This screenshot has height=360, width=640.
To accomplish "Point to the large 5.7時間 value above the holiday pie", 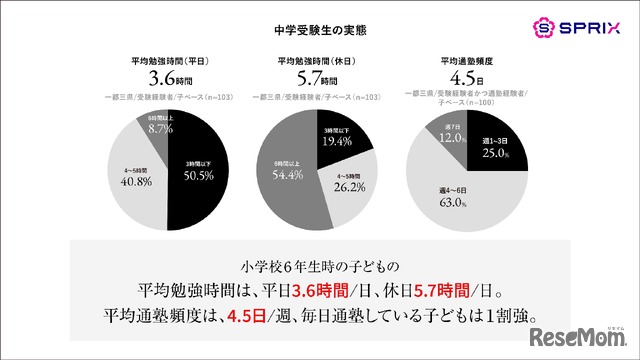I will click(x=319, y=76).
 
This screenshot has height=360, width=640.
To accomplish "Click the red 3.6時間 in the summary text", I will click(x=323, y=290).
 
